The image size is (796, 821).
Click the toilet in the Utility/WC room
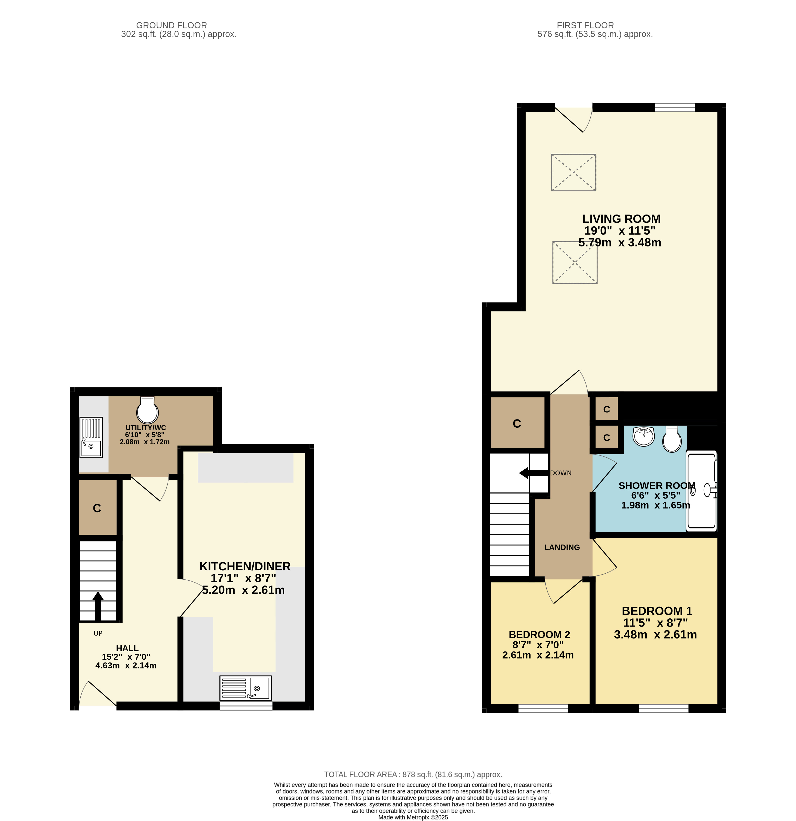click(147, 410)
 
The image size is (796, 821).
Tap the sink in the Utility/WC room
click(91, 437)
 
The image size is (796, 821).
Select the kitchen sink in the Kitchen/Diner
click(245, 688)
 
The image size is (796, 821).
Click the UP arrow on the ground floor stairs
click(98, 606)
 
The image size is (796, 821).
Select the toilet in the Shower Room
click(672, 439)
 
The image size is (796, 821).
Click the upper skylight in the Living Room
click(573, 173)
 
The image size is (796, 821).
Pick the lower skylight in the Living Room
click(575, 263)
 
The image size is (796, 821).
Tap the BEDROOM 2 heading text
click(539, 635)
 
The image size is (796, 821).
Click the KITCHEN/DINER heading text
click(245, 566)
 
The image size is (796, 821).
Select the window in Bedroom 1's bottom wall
click(664, 708)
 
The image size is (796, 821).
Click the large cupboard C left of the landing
click(517, 423)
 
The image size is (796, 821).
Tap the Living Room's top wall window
click(675, 107)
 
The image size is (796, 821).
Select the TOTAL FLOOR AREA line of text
click(413, 775)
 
